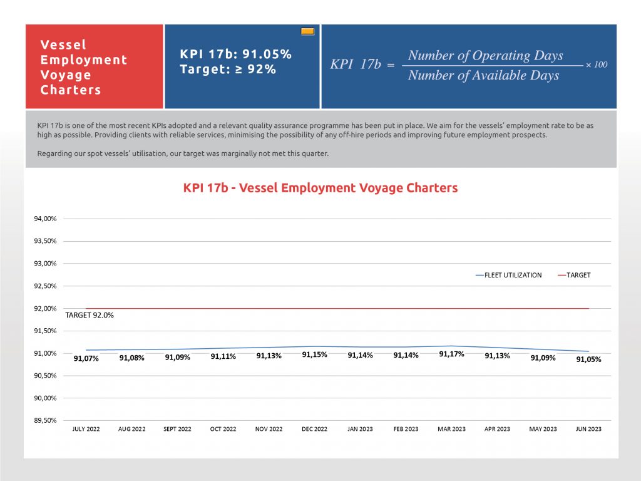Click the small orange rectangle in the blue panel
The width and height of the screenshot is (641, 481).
click(307, 31)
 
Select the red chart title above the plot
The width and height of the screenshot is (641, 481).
click(320, 188)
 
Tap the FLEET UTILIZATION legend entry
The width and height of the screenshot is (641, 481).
click(508, 276)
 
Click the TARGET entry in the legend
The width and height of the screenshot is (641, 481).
click(574, 276)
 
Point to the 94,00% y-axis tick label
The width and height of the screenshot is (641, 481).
click(45, 219)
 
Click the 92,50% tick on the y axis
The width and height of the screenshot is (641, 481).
click(45, 286)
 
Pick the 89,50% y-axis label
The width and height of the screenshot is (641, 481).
click(45, 420)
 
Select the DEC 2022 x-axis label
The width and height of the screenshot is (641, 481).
click(314, 429)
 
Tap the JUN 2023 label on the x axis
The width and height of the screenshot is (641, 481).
click(588, 429)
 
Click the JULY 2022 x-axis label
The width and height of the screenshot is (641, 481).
click(86, 429)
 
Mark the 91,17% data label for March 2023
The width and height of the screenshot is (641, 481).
click(451, 354)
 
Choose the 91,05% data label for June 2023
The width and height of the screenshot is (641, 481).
click(588, 359)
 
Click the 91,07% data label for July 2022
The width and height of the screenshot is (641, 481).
click(86, 359)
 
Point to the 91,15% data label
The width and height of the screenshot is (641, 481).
click(314, 354)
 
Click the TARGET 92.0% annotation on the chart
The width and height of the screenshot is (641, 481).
click(90, 316)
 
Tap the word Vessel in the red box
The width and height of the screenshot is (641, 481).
click(63, 44)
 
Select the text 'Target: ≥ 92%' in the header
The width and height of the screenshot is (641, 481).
click(228, 69)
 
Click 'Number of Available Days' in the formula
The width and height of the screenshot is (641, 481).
click(483, 75)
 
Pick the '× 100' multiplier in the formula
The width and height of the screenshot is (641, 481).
click(597, 65)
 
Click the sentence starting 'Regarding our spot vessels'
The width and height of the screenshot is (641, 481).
click(183, 154)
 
